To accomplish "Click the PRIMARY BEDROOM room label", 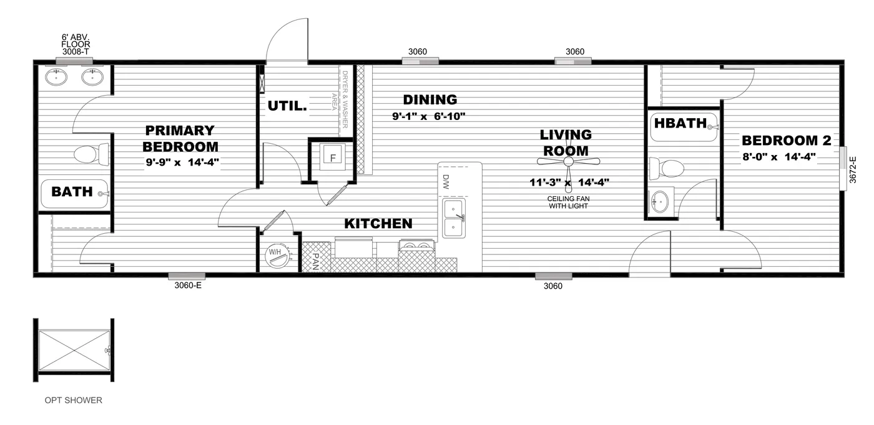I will (180, 139).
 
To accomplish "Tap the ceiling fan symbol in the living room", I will (569, 162).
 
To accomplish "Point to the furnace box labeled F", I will (333, 157).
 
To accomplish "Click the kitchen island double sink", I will (454, 218).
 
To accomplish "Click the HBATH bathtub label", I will (680, 122).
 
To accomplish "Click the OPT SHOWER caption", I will (73, 400).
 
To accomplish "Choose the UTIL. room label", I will (287, 106).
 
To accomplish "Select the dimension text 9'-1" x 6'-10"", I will (420, 116).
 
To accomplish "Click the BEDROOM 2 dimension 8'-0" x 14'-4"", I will (778, 157).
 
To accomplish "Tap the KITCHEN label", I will (378, 223).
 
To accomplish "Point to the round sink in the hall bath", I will (659, 201).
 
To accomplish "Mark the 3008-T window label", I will (76, 51).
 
